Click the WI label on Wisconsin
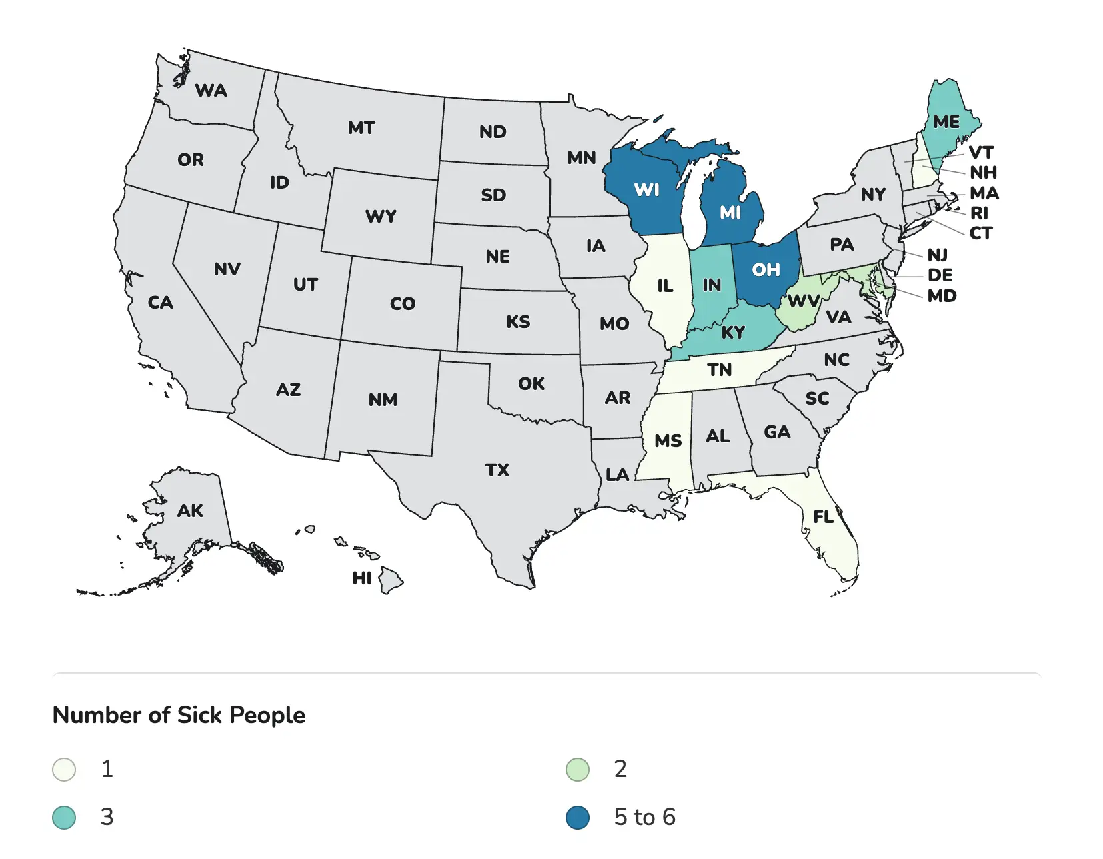[x=646, y=190]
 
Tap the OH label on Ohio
[x=766, y=269]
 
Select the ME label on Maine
[x=946, y=122]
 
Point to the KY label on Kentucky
[x=732, y=332]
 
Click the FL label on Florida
[x=823, y=517]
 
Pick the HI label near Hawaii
[x=362, y=578]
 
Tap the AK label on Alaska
[x=190, y=511]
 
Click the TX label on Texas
[x=497, y=470]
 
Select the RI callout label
[x=979, y=213]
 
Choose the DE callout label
[x=940, y=275]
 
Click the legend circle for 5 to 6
[x=578, y=818]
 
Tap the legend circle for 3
[x=64, y=818]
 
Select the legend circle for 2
[x=578, y=770]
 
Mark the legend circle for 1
[x=64, y=770]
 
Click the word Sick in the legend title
[x=200, y=715]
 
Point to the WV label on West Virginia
[x=802, y=301]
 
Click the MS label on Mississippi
[x=668, y=441]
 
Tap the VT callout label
[x=981, y=153]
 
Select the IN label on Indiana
[x=711, y=285]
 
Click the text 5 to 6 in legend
[x=644, y=818]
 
